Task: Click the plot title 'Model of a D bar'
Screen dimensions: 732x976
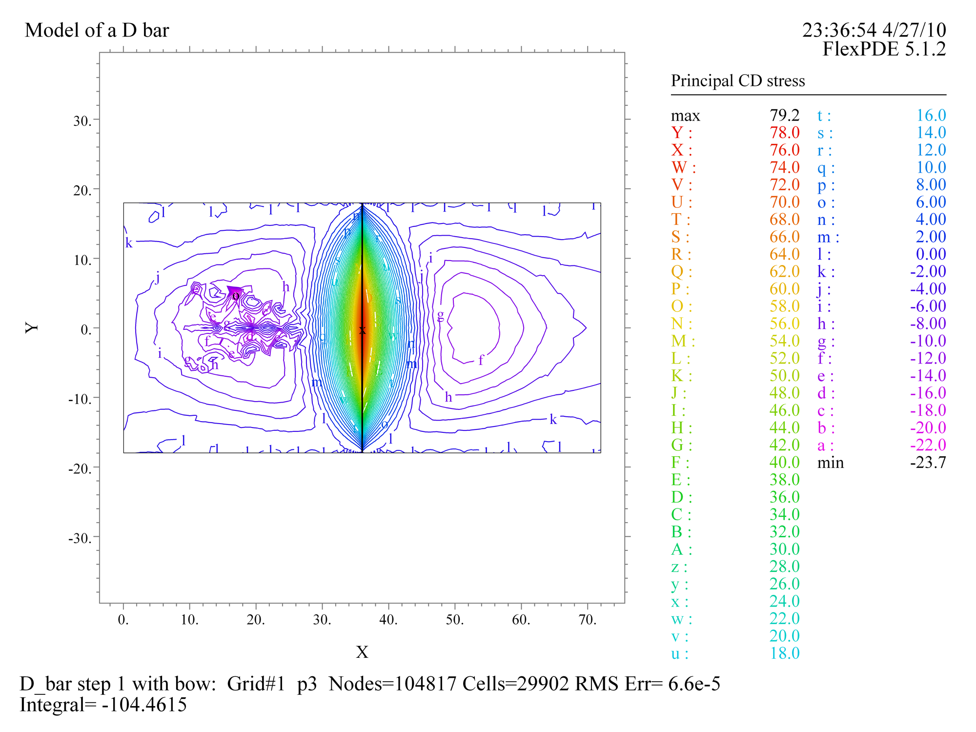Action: tap(97, 30)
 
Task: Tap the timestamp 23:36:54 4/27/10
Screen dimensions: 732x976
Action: tap(874, 30)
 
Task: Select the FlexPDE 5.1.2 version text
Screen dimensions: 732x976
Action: tap(884, 49)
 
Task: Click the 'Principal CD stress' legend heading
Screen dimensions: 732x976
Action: tap(737, 81)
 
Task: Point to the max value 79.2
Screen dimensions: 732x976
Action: tap(784, 115)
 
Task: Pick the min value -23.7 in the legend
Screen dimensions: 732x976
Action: tap(928, 462)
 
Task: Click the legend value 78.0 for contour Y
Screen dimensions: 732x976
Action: tap(784, 133)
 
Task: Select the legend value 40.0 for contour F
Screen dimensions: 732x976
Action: tap(784, 462)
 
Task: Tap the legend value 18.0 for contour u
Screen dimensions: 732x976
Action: tap(784, 653)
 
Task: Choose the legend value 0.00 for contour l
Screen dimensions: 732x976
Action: tap(931, 254)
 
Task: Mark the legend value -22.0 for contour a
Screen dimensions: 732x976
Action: tap(928, 445)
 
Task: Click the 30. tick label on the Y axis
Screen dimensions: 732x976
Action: tap(82, 121)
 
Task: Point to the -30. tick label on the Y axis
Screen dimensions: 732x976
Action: tap(80, 538)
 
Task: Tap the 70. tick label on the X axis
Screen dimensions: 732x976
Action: tap(588, 620)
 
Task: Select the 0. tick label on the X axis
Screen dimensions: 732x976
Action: tap(123, 620)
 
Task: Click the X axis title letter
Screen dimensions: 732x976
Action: tap(362, 652)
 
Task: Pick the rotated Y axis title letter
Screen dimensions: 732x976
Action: tap(32, 327)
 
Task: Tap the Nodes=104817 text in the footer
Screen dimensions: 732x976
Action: tap(393, 684)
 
